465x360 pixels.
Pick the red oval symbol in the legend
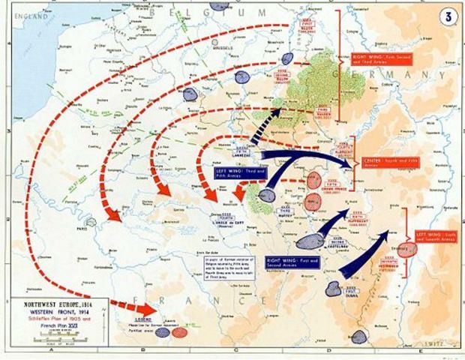click(179, 332)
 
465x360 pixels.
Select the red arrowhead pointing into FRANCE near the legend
click(147, 308)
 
